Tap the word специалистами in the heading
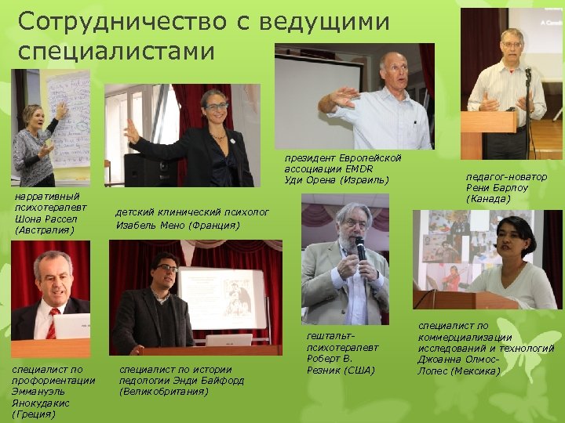click(x=115, y=52)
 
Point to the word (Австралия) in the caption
click(x=44, y=230)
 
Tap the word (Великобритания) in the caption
click(x=164, y=391)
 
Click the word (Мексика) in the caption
click(x=476, y=371)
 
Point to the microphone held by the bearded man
click(x=360, y=250)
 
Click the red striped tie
click(x=52, y=323)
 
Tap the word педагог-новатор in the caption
click(x=506, y=177)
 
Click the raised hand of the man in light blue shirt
click(x=343, y=96)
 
